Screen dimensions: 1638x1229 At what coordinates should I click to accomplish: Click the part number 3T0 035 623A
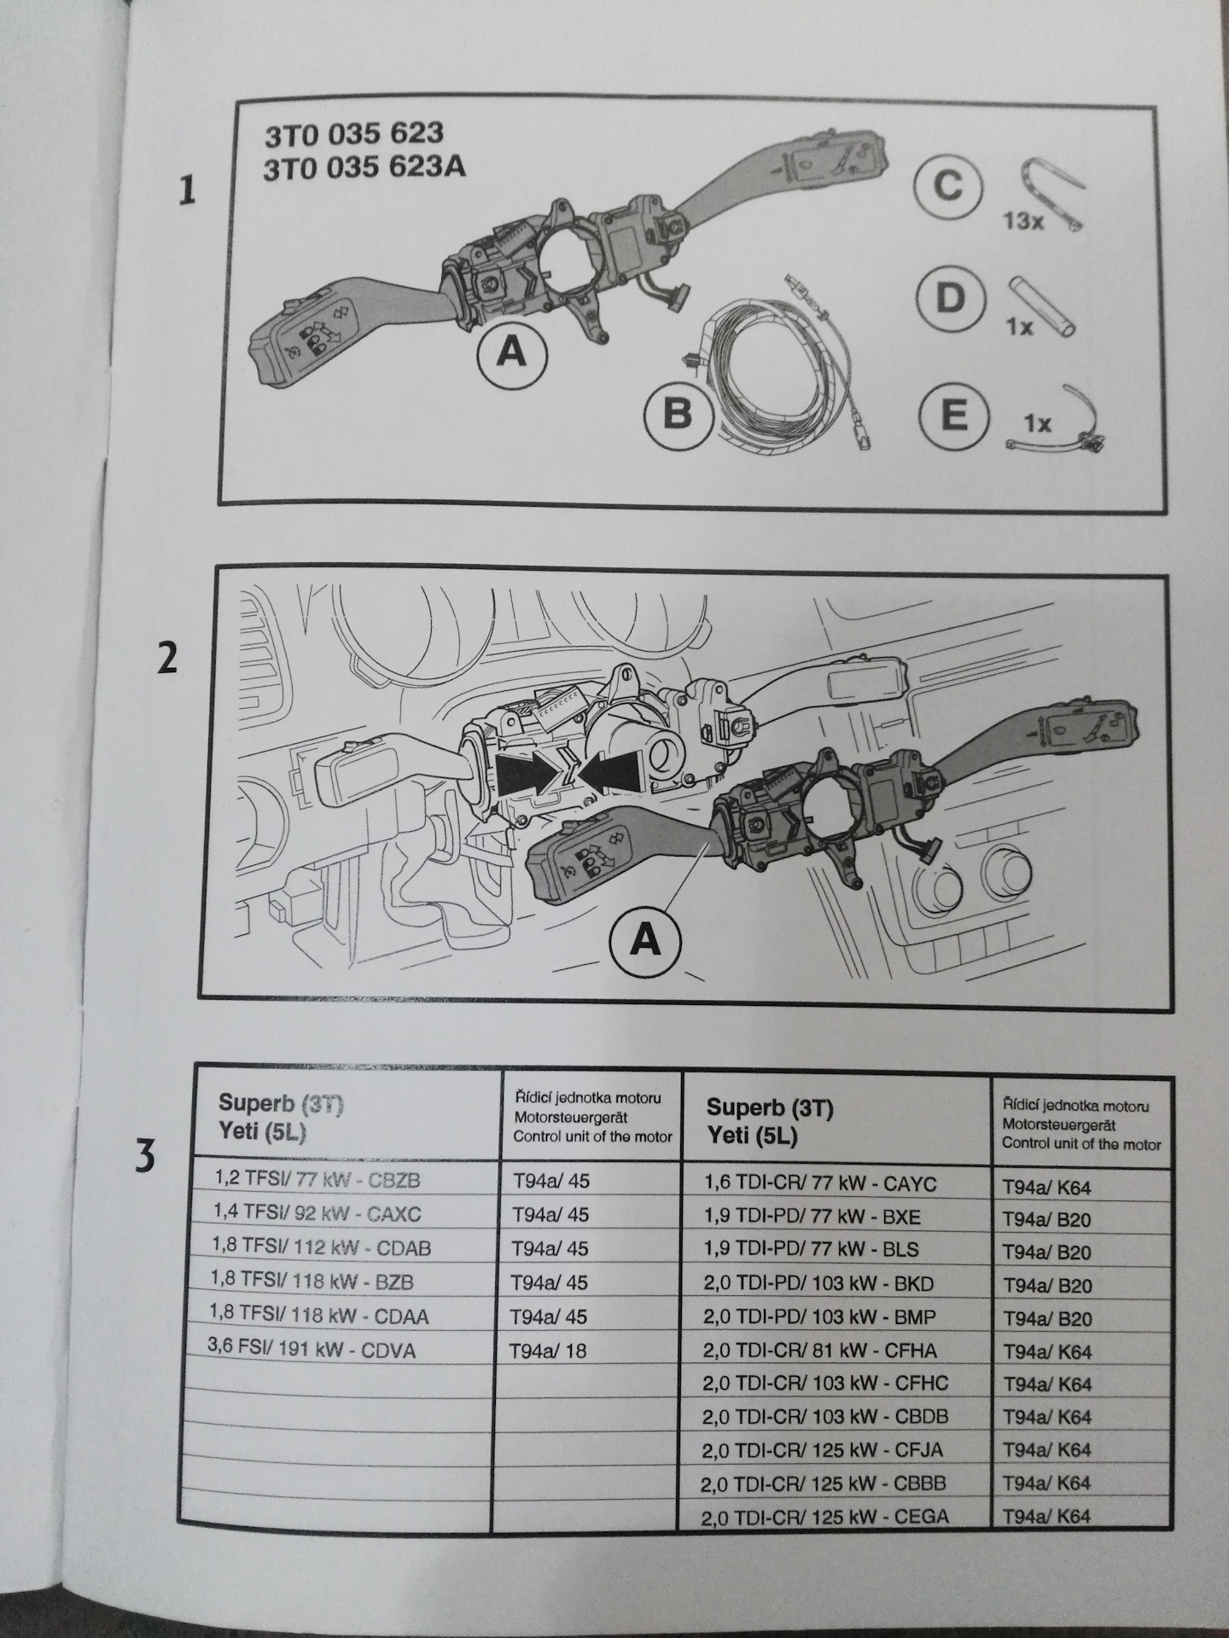point(364,166)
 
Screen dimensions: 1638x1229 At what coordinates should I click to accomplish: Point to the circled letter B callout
point(678,415)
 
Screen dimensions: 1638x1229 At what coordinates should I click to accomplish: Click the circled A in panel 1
point(511,350)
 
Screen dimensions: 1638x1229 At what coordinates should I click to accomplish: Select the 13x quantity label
point(1022,222)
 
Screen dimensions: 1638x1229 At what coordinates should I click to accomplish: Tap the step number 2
point(168,658)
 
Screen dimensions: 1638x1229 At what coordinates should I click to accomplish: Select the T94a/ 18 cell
point(549,1350)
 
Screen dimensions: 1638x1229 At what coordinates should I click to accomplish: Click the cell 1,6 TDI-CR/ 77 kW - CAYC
point(819,1184)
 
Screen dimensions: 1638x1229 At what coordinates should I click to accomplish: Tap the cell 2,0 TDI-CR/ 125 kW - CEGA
point(824,1515)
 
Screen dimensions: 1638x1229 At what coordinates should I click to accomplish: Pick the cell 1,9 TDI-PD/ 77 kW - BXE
point(812,1217)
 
